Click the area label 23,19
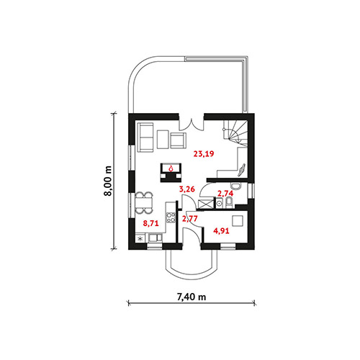(204, 153)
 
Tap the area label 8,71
(150, 224)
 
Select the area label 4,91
(221, 231)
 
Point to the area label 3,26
(187, 189)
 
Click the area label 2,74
(225, 193)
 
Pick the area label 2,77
(189, 219)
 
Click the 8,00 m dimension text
(108, 181)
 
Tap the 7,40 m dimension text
(192, 297)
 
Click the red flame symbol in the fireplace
(171, 168)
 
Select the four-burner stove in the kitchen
(170, 217)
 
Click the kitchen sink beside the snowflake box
(156, 238)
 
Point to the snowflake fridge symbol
(141, 238)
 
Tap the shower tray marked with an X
(205, 204)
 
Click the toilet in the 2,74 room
(230, 202)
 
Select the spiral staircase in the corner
(235, 132)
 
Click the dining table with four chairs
(143, 203)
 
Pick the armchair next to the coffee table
(178, 140)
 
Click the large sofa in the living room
(145, 138)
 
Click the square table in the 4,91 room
(238, 221)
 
